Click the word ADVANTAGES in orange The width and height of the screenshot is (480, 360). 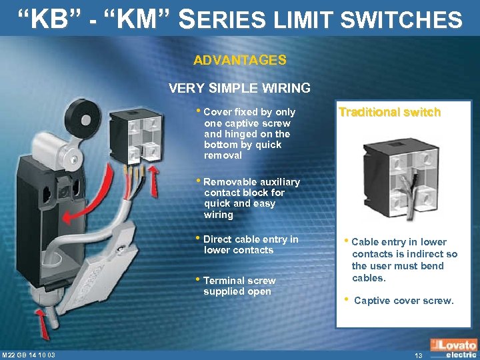[x=240, y=60]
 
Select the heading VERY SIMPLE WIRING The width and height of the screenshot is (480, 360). [x=240, y=88]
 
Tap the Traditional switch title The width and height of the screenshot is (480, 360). [x=389, y=112]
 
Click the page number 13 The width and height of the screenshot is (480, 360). [x=418, y=355]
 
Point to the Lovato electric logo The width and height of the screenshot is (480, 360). [x=453, y=349]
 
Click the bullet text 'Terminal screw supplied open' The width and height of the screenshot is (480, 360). [x=239, y=286]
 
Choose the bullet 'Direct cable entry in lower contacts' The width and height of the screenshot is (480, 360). [x=251, y=245]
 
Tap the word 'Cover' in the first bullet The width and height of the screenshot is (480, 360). [x=217, y=112]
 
